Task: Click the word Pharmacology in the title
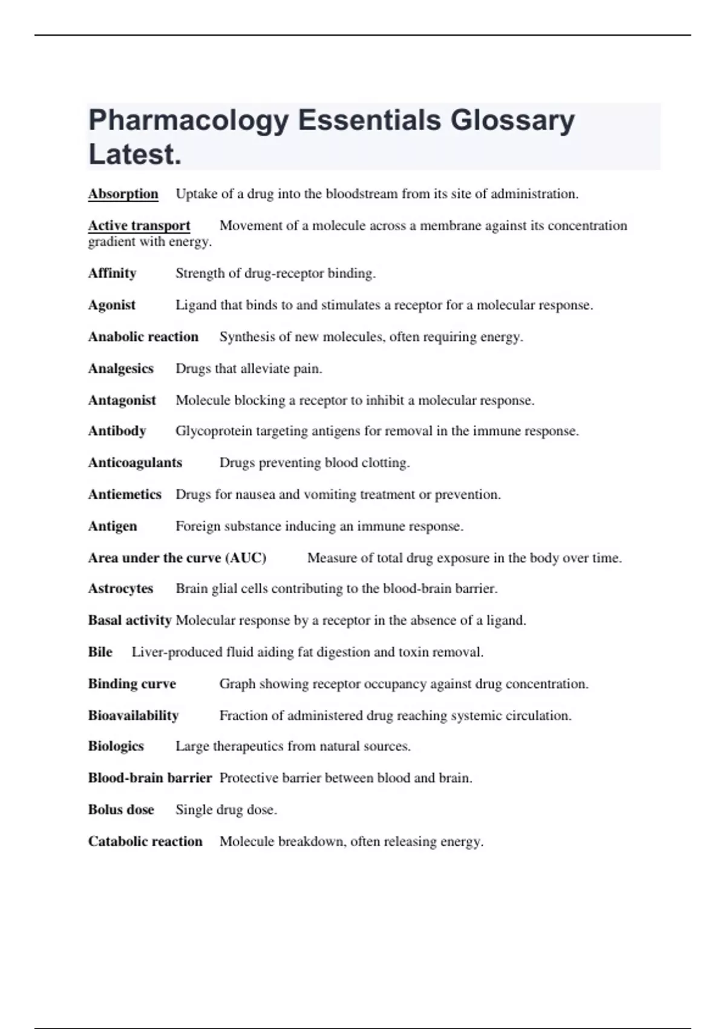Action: tap(188, 121)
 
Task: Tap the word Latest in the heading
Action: tap(134, 154)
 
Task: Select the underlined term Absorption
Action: tap(123, 194)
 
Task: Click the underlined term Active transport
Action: tap(139, 226)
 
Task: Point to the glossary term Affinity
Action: tap(112, 274)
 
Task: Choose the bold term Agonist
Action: tap(111, 305)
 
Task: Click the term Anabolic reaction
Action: tap(143, 337)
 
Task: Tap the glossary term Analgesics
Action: tap(120, 369)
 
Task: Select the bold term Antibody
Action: tap(117, 431)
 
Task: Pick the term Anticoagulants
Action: tap(135, 463)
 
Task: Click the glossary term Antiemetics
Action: tap(125, 495)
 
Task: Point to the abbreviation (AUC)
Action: tap(246, 558)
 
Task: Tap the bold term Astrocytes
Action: tap(120, 588)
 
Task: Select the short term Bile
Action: tap(100, 652)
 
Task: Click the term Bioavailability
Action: tap(133, 715)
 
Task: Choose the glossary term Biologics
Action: tap(116, 746)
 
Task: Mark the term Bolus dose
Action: tap(121, 810)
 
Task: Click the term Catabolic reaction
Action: tap(145, 841)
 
